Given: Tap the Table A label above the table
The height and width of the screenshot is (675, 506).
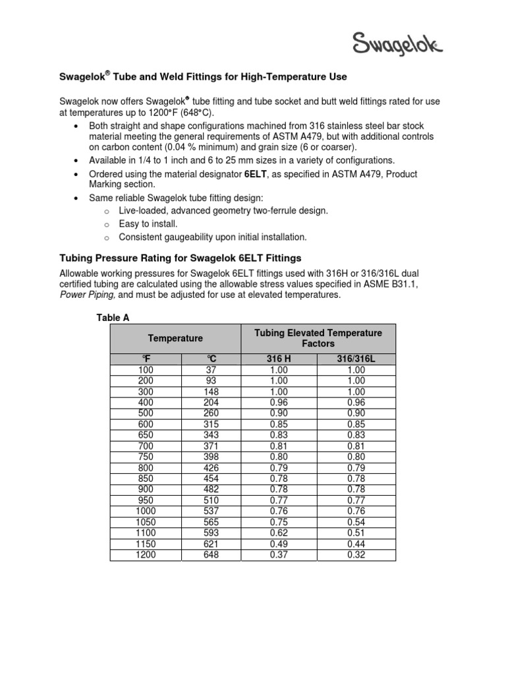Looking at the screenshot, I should coord(113,318).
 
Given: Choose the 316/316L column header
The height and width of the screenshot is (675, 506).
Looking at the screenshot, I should coord(356,359).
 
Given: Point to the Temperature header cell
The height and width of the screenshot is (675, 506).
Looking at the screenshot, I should coord(175,338).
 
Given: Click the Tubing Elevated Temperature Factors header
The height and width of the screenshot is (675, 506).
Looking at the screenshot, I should coord(318,338).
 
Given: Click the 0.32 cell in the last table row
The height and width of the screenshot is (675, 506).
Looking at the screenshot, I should coord(356,554).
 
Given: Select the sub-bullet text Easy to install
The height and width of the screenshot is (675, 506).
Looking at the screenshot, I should coord(149,224).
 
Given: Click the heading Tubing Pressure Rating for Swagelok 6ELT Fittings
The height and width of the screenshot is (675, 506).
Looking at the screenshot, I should coord(181,257).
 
